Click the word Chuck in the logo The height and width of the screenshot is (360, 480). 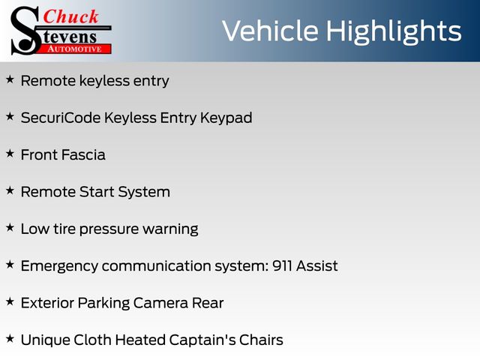point(71,16)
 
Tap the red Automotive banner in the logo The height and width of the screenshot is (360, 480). point(75,49)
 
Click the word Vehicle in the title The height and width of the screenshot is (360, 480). point(270,31)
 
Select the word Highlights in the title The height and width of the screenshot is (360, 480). point(394,32)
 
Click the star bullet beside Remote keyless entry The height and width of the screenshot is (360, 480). point(10,79)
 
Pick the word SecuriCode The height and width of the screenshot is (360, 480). point(61,118)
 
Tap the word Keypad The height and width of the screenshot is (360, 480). point(226,118)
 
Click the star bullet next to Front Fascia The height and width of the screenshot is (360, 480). point(10,153)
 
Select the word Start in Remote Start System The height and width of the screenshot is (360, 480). point(97,192)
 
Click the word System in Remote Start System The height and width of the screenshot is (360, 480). point(144,193)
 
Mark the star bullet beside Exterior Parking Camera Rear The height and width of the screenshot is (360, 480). point(10,301)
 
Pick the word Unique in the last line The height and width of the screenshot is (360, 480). point(45,340)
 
